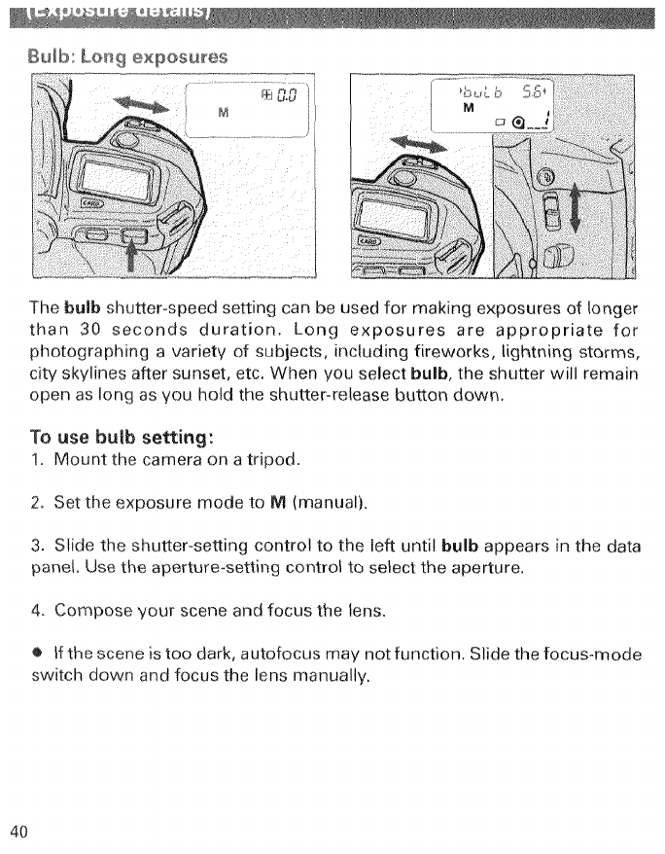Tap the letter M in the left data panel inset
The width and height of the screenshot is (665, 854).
[x=223, y=110]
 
